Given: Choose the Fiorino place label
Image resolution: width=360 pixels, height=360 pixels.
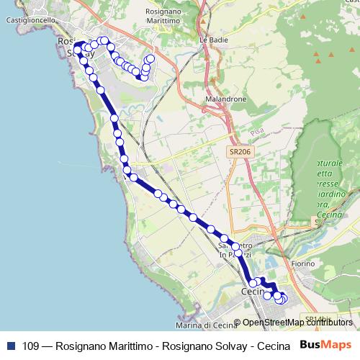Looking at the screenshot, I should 303,264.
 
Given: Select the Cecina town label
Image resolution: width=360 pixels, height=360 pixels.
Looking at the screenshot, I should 253,292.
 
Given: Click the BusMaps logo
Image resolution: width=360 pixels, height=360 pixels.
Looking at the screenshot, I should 325,344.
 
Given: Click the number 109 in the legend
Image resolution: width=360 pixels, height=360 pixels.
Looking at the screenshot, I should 30,345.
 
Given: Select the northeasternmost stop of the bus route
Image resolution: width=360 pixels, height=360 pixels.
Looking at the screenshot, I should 151,58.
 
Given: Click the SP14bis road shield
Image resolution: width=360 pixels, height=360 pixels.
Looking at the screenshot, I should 316,318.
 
